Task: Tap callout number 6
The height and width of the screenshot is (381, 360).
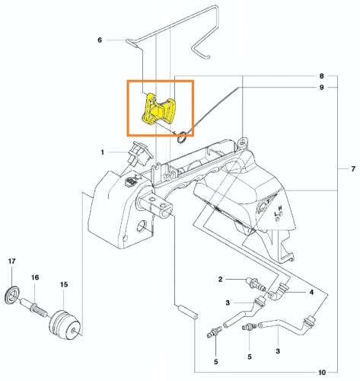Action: tap(100, 40)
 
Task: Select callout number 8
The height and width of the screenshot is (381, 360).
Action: tap(322, 76)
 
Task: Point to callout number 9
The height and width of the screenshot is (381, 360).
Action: tap(322, 88)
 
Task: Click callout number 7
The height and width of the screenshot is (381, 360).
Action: tap(352, 168)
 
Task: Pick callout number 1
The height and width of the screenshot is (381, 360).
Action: tap(102, 153)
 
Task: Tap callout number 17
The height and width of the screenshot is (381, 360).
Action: tap(12, 262)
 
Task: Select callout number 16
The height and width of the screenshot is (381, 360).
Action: tap(34, 277)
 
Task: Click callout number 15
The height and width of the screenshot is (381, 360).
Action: tap(64, 284)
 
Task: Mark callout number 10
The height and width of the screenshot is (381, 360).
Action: tap(322, 373)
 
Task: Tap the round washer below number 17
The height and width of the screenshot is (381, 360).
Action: tap(13, 293)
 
